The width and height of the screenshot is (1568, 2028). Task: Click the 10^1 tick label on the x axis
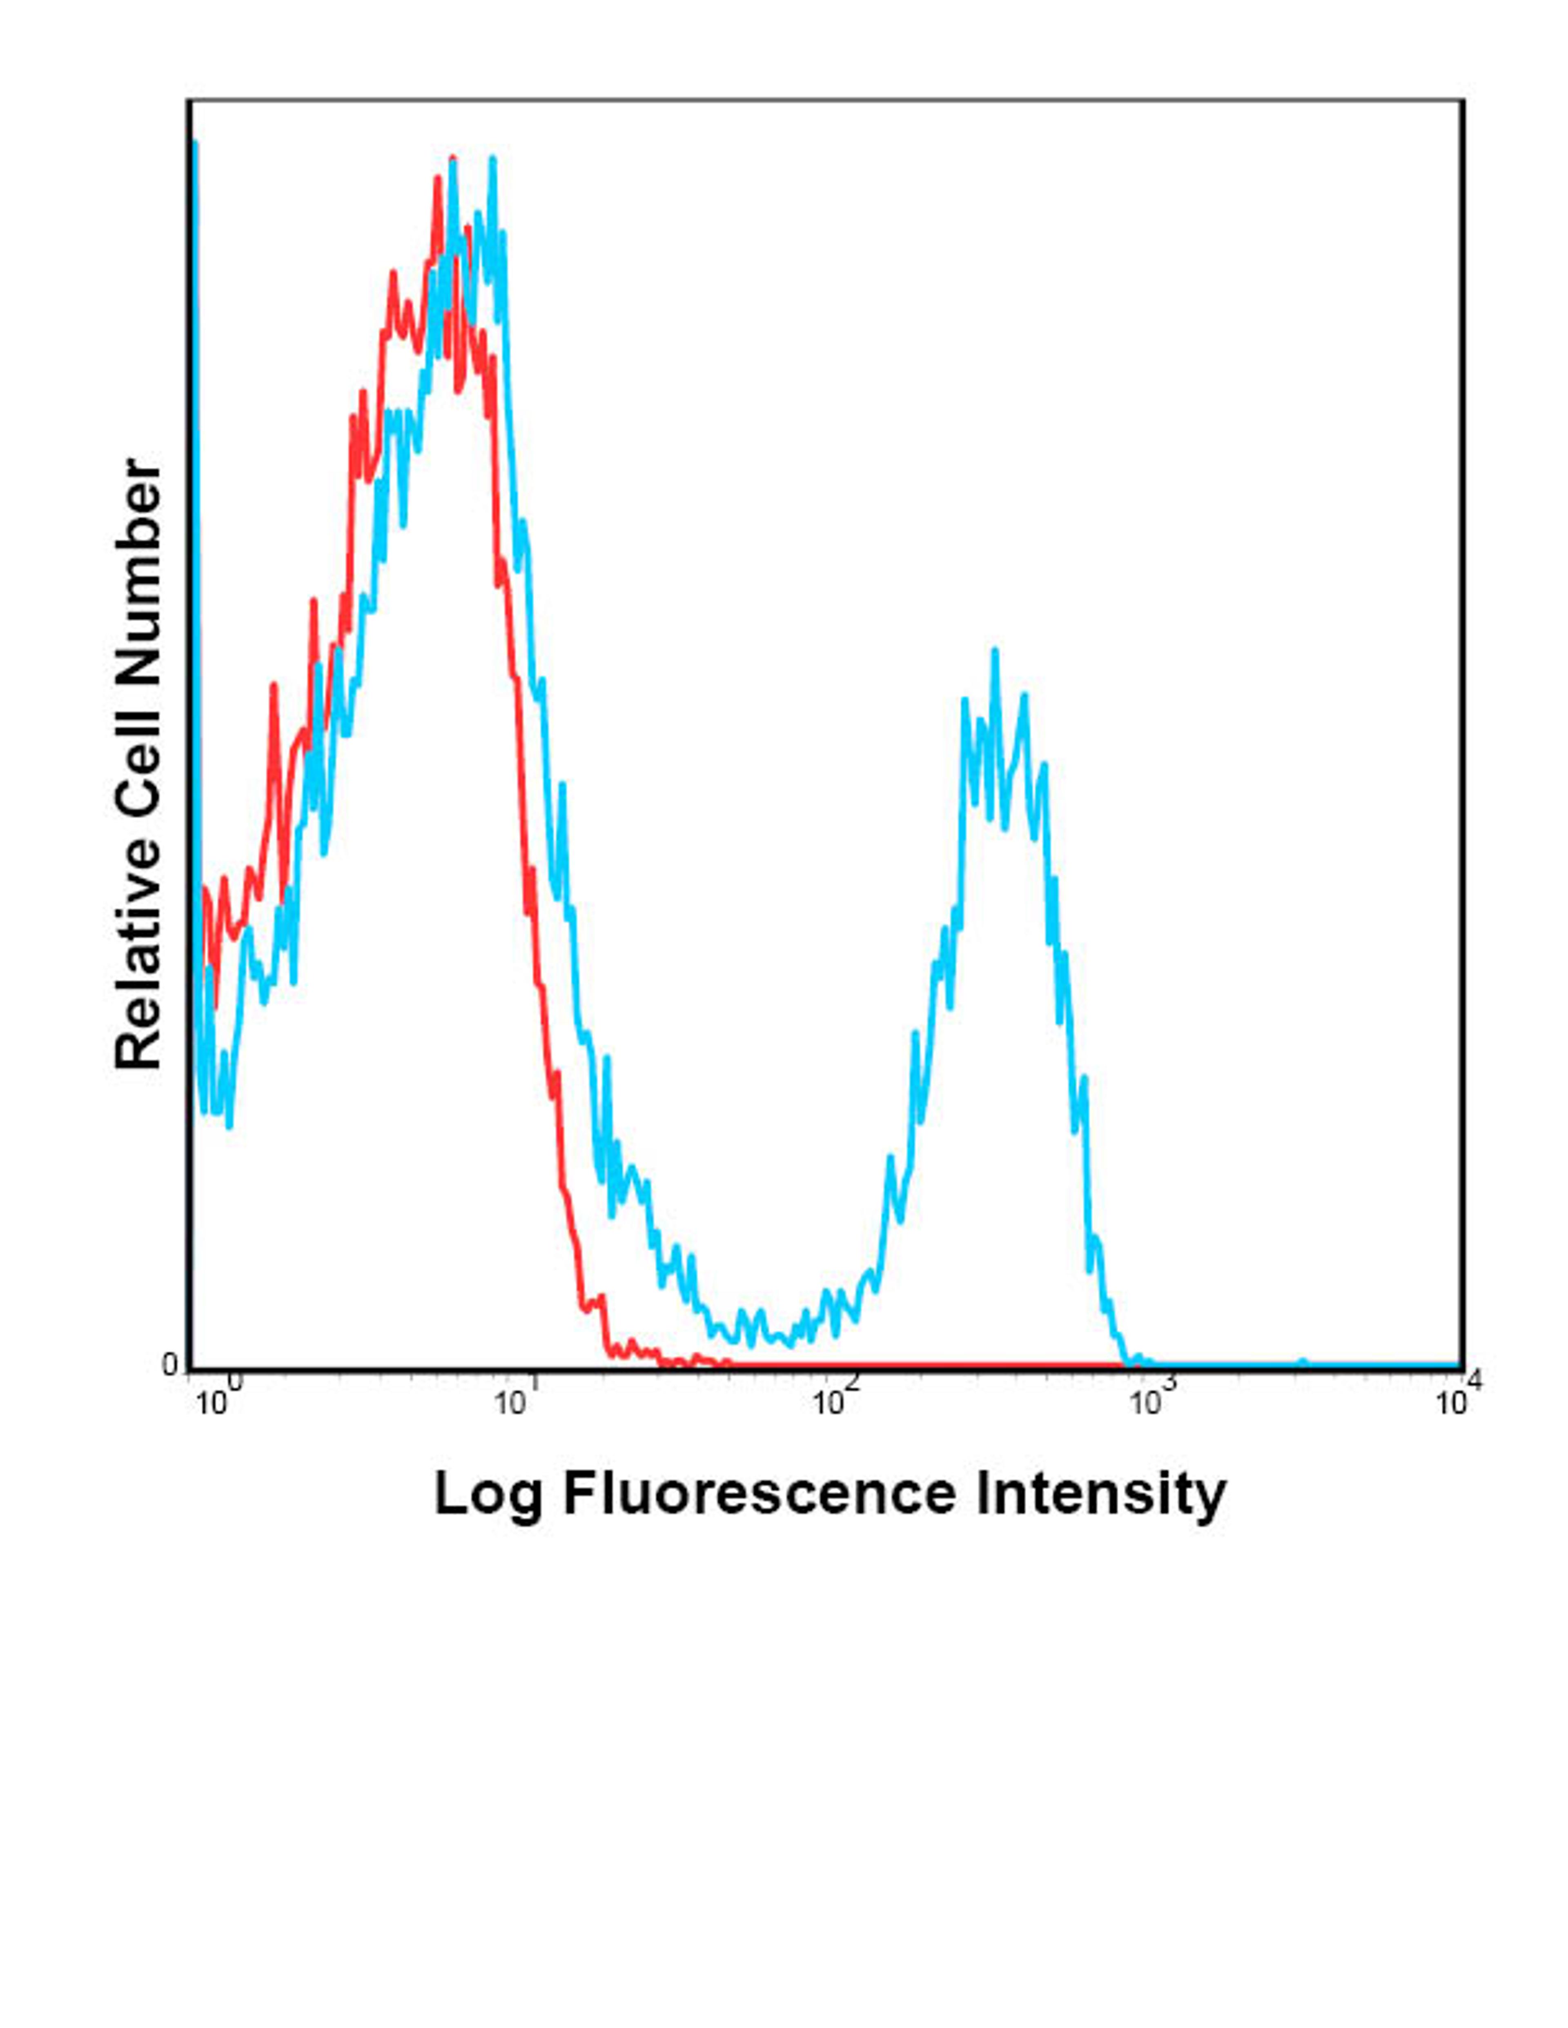pos(518,1400)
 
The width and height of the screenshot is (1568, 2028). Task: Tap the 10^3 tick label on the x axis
pos(1150,1400)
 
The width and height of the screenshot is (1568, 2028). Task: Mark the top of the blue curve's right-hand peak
pos(995,652)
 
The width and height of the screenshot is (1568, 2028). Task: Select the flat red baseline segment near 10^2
pos(836,1366)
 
